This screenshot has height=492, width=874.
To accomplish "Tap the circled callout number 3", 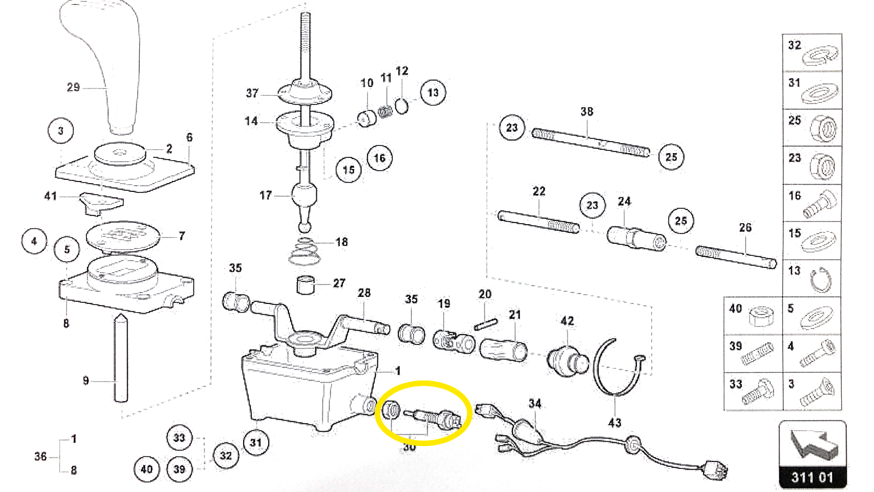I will pos(61,131).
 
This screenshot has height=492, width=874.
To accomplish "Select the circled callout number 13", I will pos(433,92).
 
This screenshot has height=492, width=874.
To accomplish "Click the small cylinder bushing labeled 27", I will pos(306,285).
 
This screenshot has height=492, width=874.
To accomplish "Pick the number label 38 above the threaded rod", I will pos(587,112).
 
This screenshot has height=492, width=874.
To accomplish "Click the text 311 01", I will pos(812,477).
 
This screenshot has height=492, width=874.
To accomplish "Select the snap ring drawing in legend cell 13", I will pos(820,280).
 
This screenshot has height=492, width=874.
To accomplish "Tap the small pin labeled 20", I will pos(485,325).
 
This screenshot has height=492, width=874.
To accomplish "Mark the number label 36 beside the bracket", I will pos(40,456).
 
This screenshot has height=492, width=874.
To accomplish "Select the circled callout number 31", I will pos(256,442).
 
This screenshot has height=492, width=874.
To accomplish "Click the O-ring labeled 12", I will pos(402,106).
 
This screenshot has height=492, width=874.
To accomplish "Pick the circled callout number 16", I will pos(380,159).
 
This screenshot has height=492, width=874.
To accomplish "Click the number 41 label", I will pos(50,196).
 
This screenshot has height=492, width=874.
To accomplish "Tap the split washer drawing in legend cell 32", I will pos(819,55).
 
